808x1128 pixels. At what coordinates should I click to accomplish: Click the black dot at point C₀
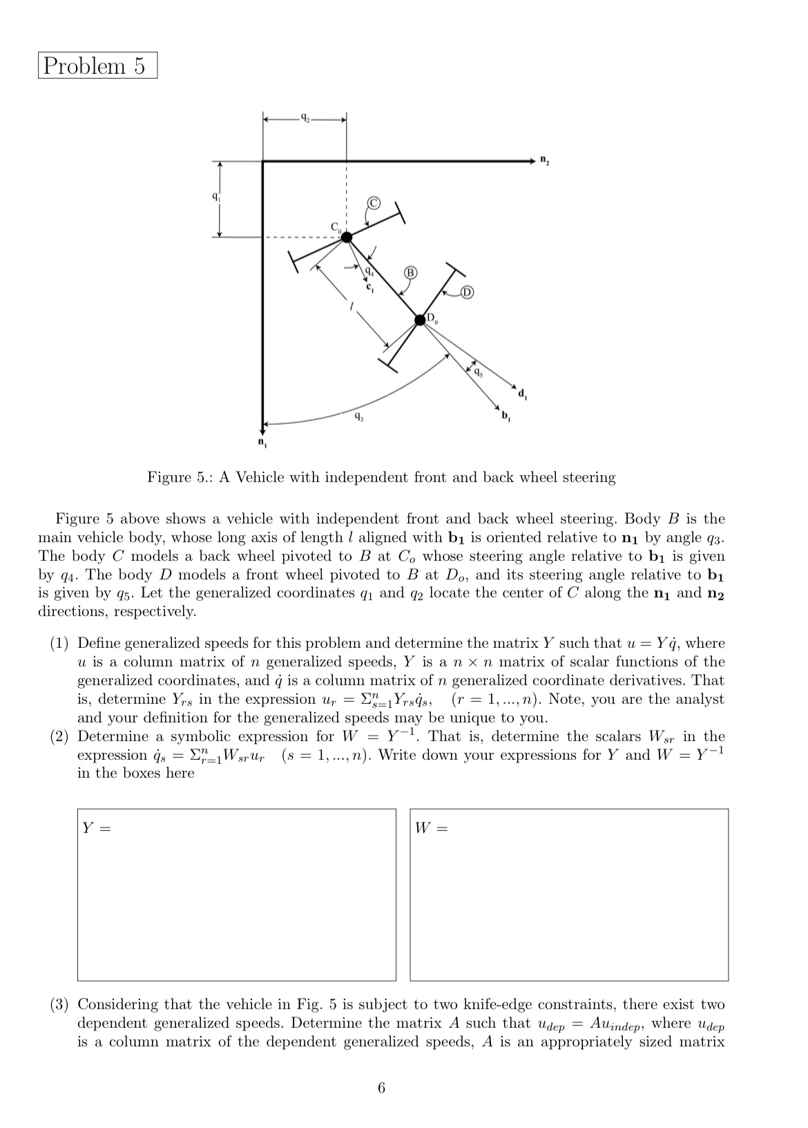click(x=347, y=237)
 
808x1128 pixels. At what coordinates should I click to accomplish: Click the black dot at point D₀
click(x=420, y=319)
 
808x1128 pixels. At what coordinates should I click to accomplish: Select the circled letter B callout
click(x=410, y=272)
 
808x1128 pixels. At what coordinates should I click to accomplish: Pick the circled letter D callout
click(x=467, y=292)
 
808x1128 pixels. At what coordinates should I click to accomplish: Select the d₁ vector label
click(x=523, y=394)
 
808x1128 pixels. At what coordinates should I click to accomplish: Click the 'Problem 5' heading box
click(x=97, y=66)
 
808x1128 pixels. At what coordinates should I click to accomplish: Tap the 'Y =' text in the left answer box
click(x=96, y=828)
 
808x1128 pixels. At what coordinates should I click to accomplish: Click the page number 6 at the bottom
click(x=382, y=1089)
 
